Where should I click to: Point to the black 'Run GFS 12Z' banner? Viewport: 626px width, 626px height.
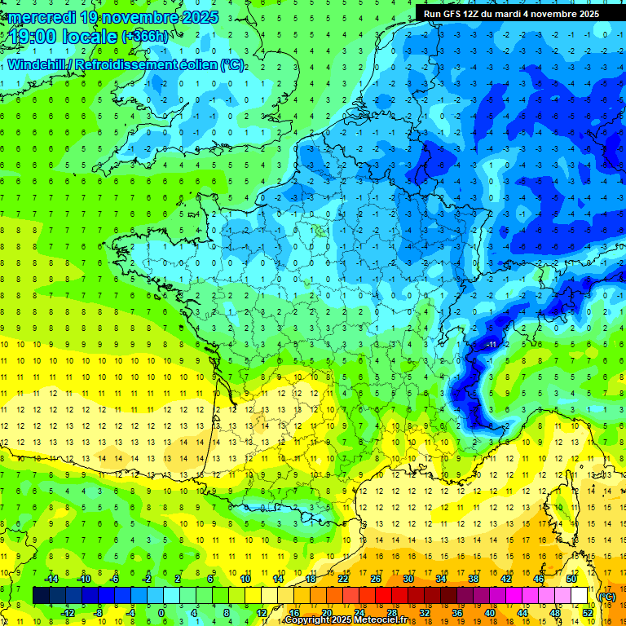point(512,14)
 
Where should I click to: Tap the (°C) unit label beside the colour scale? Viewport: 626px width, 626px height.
point(607,596)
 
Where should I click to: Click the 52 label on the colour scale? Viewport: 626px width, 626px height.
point(588,613)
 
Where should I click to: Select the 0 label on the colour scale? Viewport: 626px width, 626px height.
point(161,613)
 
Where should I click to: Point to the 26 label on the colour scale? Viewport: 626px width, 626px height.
point(376,579)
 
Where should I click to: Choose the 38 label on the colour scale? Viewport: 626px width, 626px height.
point(474,579)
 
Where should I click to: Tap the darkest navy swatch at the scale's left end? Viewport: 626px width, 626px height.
point(41,596)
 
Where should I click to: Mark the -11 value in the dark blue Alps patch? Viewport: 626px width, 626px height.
point(492,345)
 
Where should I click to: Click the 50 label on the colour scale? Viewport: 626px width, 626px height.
point(571,579)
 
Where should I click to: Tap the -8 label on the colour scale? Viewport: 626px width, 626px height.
point(99,613)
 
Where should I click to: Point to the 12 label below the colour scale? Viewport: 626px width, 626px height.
point(262,613)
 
